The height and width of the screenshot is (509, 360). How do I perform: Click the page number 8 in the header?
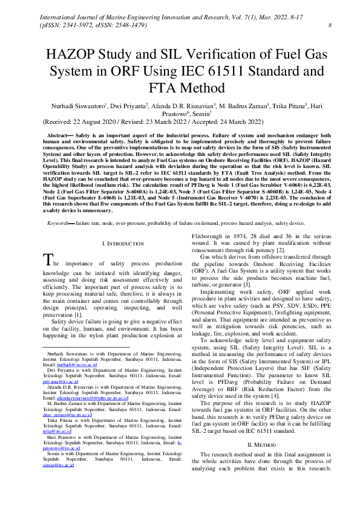coord(329,25)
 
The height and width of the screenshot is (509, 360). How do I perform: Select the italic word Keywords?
coord(60,223)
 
